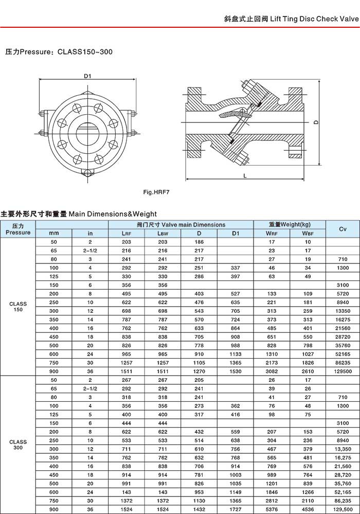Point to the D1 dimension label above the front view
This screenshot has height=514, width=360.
(x=87, y=76)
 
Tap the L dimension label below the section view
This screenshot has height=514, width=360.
(x=246, y=175)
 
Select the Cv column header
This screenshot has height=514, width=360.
(x=343, y=228)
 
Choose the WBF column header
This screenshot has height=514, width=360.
(x=308, y=233)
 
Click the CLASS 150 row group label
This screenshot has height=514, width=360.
(x=18, y=307)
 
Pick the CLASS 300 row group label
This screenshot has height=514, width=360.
(x=18, y=445)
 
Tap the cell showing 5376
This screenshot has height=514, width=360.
(x=272, y=509)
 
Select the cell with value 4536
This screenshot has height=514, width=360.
(x=308, y=509)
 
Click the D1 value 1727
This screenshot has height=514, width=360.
(x=236, y=509)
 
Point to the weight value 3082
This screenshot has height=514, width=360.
(x=272, y=371)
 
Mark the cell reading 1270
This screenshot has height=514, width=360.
(x=199, y=371)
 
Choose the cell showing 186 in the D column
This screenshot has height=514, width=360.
(x=199, y=242)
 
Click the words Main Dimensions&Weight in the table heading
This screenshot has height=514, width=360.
(x=113, y=214)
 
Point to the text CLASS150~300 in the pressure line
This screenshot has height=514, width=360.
(x=85, y=51)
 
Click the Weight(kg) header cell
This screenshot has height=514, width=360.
(x=290, y=224)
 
